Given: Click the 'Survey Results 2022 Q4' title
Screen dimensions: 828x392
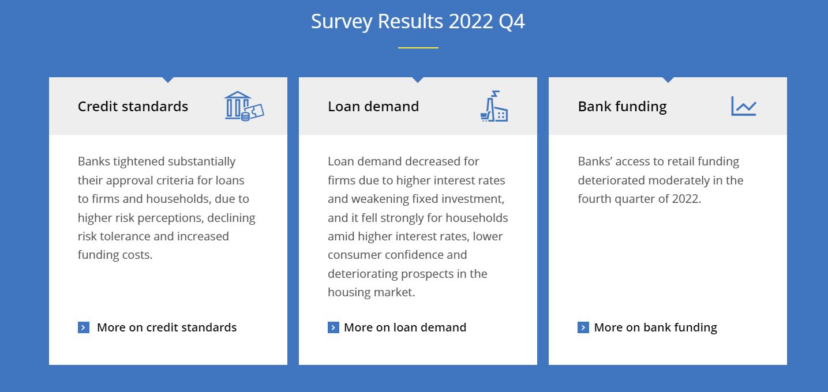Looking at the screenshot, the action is (x=418, y=21).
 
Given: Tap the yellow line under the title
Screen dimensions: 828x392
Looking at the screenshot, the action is (x=418, y=48).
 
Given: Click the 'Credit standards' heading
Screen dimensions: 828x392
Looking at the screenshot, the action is (x=133, y=107).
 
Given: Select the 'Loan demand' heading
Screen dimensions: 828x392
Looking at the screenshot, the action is (x=373, y=107).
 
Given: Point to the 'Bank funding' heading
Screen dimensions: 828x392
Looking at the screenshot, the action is (x=622, y=107).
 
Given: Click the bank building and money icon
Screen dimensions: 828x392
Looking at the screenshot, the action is (x=244, y=106).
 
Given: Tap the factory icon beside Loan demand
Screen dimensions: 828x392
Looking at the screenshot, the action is (x=494, y=106).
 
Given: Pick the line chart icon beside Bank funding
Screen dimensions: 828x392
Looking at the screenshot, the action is (x=744, y=106).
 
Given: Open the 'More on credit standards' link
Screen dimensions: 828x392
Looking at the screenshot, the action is (x=167, y=327).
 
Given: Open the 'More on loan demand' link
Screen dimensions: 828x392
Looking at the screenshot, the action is (x=405, y=327).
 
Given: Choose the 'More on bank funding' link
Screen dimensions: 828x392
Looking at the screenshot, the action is (x=655, y=327).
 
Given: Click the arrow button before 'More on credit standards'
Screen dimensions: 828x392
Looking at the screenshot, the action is (x=84, y=327).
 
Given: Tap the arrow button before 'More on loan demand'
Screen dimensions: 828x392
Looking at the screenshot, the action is (x=334, y=327).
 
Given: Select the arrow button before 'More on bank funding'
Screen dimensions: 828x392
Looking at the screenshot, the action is (x=583, y=327).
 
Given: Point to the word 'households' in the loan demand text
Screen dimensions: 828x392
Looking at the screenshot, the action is (x=477, y=217).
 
